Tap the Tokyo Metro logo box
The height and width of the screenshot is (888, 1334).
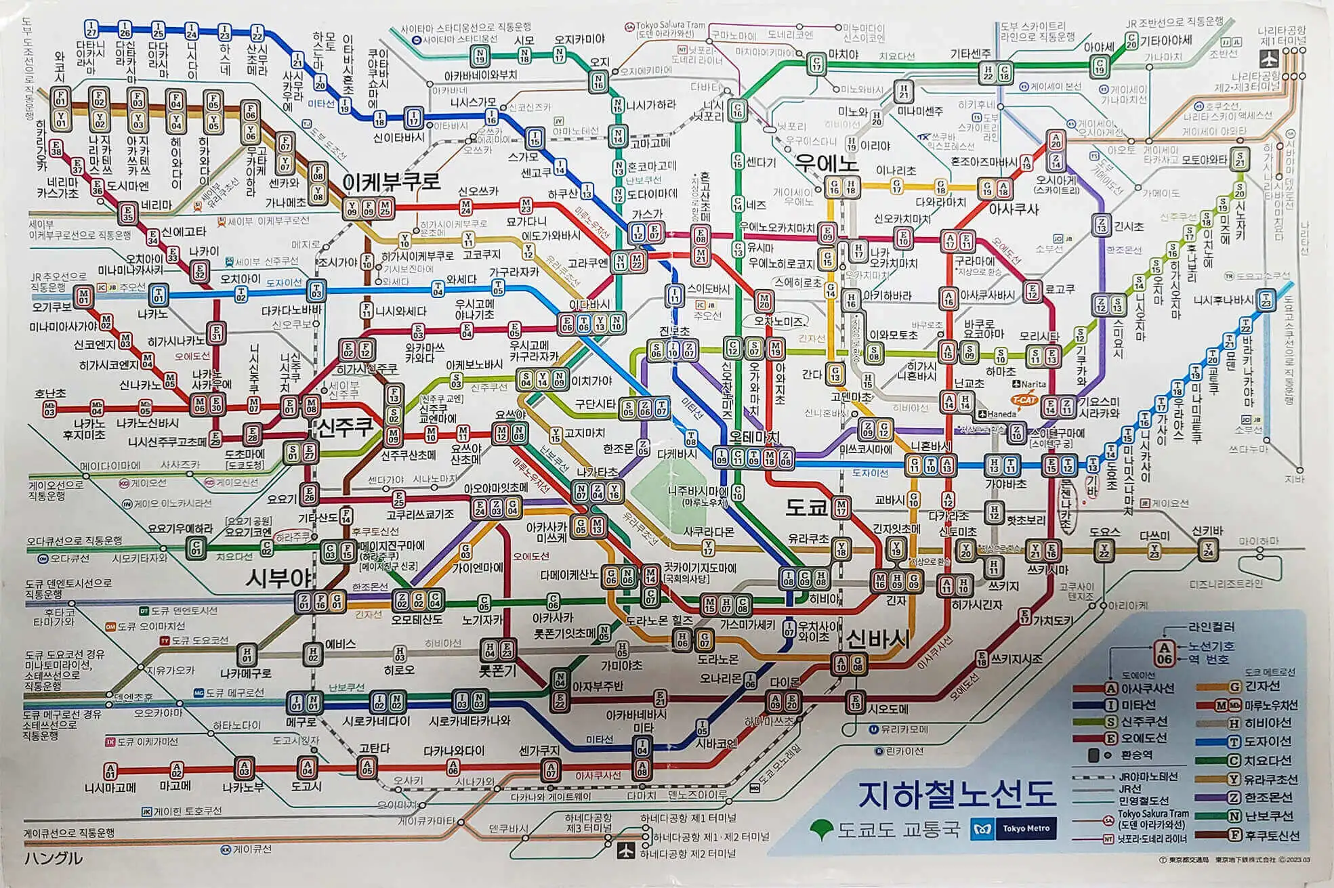click(x=1014, y=829)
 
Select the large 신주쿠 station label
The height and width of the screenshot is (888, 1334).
click(x=345, y=427)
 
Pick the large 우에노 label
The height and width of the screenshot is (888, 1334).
click(x=827, y=163)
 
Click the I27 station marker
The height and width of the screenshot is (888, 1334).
click(x=91, y=29)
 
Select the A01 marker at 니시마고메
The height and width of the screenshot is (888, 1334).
click(x=110, y=771)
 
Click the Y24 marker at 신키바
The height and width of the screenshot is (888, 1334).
click(x=1207, y=550)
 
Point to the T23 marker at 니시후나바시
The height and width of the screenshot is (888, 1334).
click(x=1266, y=299)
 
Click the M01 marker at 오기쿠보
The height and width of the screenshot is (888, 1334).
click(x=83, y=297)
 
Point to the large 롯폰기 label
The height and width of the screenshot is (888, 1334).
click(x=498, y=671)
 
